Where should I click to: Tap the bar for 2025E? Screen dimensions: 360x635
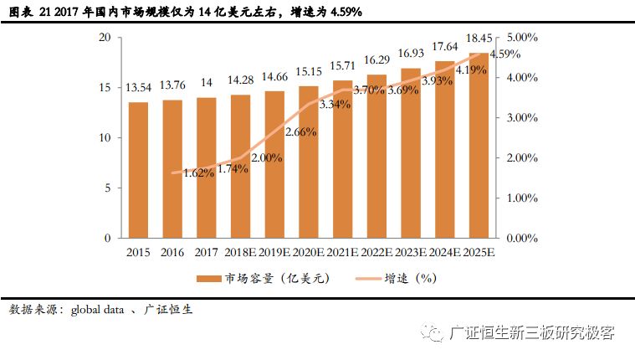tap(479, 146)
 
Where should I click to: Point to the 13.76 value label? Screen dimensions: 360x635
tap(172, 85)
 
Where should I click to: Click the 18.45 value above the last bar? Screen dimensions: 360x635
tap(479, 39)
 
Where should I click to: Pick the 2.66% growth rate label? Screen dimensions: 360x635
tap(300, 131)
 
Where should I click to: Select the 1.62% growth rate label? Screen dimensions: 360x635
tap(198, 173)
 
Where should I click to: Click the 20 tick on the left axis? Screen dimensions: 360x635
tap(105, 38)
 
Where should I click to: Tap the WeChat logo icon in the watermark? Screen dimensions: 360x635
tap(433, 334)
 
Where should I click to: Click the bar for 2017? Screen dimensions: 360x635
tap(207, 167)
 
